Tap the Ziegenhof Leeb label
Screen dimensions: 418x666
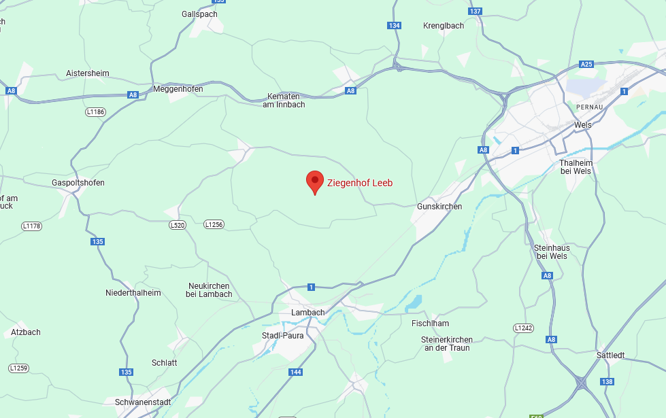[360, 183]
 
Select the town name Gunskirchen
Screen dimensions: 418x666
[439, 207]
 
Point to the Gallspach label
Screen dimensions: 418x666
[199, 14]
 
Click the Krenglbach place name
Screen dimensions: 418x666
[444, 26]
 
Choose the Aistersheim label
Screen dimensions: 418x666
[87, 73]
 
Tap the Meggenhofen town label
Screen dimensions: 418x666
[178, 89]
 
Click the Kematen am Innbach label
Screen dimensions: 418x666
[284, 101]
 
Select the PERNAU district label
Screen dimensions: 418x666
[590, 107]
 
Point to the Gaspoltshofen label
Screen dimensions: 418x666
[78, 183]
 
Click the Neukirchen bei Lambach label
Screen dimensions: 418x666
[209, 290]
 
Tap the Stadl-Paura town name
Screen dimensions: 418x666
[283, 336]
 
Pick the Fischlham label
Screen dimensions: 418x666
[431, 324]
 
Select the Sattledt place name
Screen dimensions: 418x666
[610, 355]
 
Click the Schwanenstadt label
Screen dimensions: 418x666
[143, 402]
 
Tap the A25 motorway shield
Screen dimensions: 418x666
[586, 65]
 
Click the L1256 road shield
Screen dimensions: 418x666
[214, 224]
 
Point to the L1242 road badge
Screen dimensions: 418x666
[523, 328]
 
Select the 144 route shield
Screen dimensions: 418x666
[295, 372]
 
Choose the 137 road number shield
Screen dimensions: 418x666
[476, 12]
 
